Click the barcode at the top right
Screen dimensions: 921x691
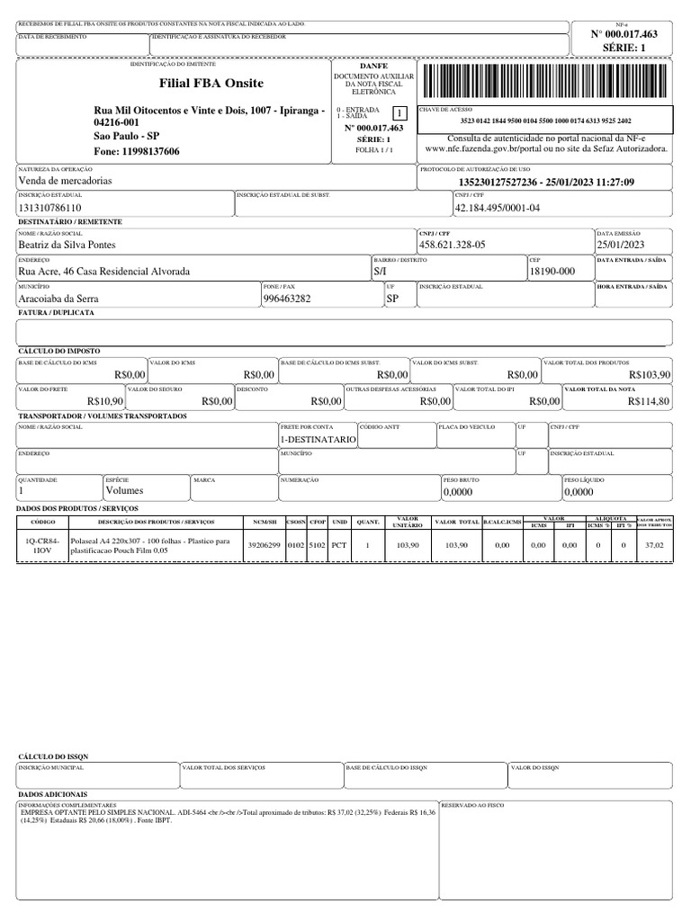tap(545, 83)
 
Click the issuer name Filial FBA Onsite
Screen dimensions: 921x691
tap(211, 84)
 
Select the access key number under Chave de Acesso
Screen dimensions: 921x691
tap(545, 121)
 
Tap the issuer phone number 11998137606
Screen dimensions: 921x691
tap(137, 151)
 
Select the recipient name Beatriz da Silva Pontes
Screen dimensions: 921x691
tap(67, 245)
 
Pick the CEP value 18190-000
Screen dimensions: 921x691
tap(552, 271)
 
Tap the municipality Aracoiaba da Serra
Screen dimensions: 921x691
tap(59, 298)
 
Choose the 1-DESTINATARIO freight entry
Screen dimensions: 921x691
tap(319, 439)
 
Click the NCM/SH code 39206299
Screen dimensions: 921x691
tap(265, 545)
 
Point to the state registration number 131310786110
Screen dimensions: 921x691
tap(57, 208)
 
